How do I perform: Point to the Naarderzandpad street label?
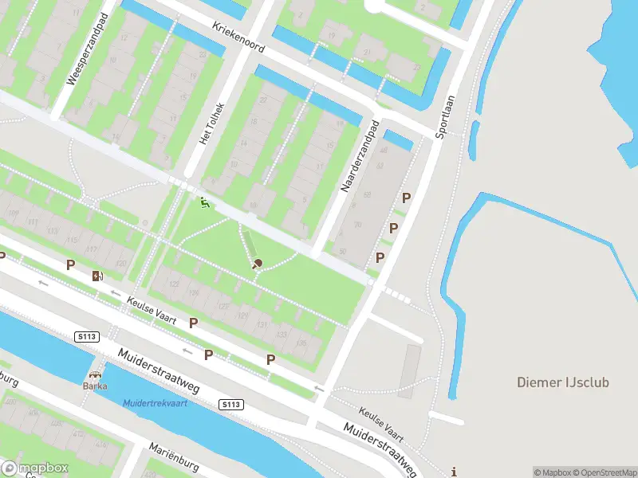pos(359,156)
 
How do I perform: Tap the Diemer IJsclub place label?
pos(562,382)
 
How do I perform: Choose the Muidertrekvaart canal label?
pos(156,402)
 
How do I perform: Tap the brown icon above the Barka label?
pos(96,374)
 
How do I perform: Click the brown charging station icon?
pos(97,276)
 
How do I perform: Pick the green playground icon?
pos(204,204)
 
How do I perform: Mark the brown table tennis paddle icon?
pos(257,264)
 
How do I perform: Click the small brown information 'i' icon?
pos(454,471)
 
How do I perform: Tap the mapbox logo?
pos(35,468)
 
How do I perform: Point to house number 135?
pos(301,343)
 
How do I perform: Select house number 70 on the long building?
pos(356,225)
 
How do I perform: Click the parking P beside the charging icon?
pos(70,264)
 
